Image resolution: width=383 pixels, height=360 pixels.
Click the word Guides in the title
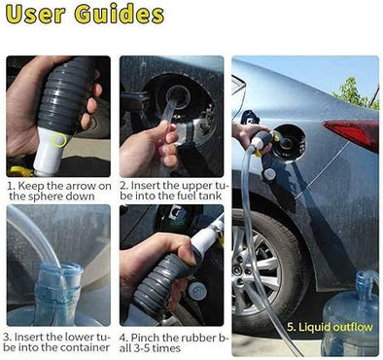tap(122, 17)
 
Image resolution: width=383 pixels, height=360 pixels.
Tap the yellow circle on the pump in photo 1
tap(59, 140)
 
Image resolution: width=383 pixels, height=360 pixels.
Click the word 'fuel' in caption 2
tap(171, 196)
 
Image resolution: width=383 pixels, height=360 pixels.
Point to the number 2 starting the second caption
tap(123, 183)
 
